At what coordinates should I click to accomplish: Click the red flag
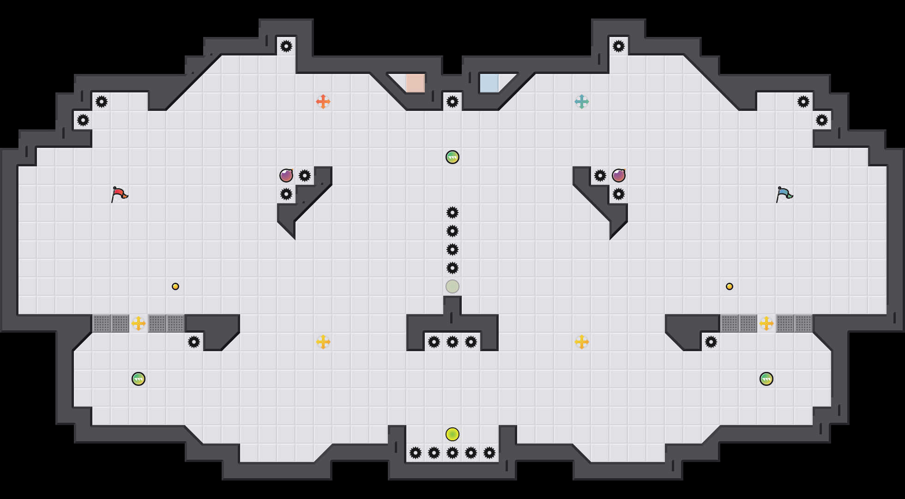tap(119, 194)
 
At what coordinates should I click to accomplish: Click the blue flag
tap(784, 194)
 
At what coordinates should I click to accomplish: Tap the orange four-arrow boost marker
tap(323, 102)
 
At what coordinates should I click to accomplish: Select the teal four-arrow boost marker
tap(582, 102)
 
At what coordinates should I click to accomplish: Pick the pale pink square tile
tap(415, 83)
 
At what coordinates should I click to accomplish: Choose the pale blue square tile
tap(489, 83)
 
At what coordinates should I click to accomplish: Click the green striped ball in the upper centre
tap(452, 157)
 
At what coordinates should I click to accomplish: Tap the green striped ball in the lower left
tap(139, 379)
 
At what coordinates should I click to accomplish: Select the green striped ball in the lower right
tap(766, 379)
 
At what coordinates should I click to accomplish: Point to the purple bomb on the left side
tap(286, 176)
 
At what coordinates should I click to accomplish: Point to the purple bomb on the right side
tap(619, 176)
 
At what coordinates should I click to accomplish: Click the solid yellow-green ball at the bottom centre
tap(452, 434)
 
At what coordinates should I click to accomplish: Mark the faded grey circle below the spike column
tap(452, 286)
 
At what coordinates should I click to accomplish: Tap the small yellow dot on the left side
tap(175, 286)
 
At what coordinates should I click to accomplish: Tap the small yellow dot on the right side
tap(730, 286)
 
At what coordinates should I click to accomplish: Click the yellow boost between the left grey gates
tap(139, 323)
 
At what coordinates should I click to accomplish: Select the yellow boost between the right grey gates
tap(766, 323)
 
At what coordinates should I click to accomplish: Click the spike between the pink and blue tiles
tap(452, 102)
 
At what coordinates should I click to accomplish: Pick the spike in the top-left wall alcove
tap(286, 46)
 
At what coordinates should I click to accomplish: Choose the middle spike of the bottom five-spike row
tap(452, 453)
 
